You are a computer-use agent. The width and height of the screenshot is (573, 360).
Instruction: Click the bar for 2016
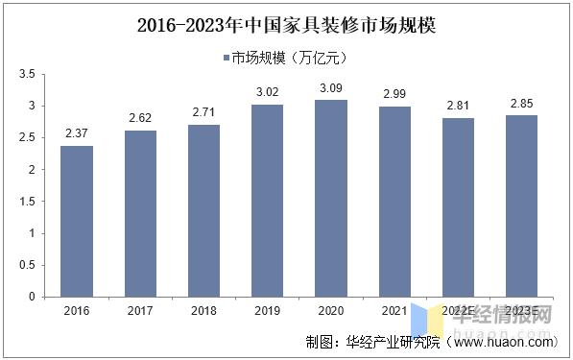pos(77,222)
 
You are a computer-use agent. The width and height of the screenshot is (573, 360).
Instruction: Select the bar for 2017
pos(140,214)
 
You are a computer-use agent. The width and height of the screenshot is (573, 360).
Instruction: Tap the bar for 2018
pos(203,211)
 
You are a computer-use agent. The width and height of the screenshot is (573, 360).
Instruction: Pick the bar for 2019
pos(267,202)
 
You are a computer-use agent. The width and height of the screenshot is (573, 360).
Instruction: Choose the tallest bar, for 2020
pos(331,199)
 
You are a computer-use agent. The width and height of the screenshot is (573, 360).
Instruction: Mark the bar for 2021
pos(394,203)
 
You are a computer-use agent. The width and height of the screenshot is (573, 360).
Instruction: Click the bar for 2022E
pos(458,208)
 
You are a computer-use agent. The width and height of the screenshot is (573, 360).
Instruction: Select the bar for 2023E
pos(521,206)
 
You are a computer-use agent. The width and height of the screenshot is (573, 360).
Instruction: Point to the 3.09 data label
pos(331,88)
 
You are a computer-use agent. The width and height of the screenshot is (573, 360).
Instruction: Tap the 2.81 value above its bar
pos(458,107)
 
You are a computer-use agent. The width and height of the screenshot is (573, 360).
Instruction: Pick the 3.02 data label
pos(267,93)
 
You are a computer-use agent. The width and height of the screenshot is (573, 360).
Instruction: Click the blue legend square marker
pos(226,58)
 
